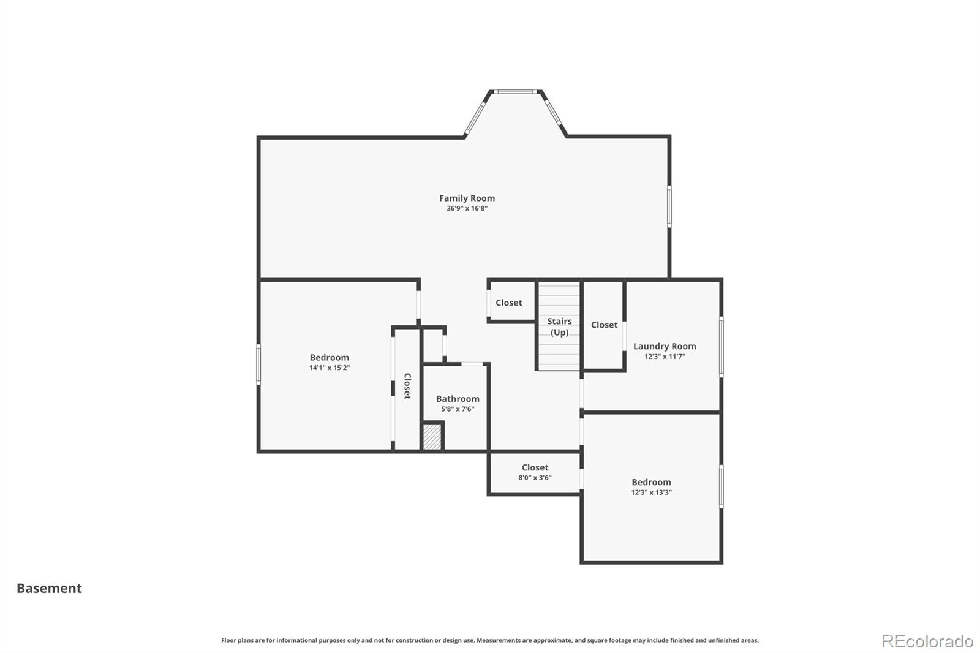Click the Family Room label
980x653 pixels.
[467, 198]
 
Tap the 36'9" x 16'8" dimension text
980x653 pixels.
[467, 208]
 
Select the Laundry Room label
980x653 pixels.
[665, 346]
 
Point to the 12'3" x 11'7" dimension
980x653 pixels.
[665, 357]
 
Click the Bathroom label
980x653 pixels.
[458, 399]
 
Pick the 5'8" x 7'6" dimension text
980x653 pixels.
[458, 409]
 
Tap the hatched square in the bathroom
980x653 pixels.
[432, 436]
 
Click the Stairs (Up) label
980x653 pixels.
[560, 327]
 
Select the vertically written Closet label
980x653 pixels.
[407, 386]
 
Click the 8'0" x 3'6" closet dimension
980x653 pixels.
[535, 477]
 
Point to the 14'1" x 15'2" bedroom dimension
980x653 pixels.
[330, 368]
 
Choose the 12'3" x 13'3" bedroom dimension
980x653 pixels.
[651, 493]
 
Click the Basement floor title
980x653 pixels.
[49, 588]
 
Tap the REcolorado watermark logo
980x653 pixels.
[927, 641]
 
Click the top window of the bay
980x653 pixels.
[515, 92]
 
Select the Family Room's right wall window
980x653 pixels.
[669, 206]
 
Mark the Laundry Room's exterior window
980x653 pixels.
[721, 347]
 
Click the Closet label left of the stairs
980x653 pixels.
[508, 303]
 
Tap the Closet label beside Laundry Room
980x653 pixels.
[604, 325]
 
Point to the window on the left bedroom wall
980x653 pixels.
[258, 364]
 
